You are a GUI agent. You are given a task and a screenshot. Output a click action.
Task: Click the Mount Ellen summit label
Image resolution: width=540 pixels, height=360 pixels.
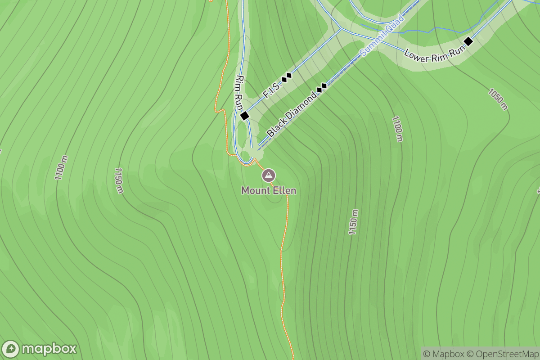[x=269, y=190]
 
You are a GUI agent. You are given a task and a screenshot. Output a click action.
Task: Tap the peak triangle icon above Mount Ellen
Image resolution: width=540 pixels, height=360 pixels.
[x=269, y=175]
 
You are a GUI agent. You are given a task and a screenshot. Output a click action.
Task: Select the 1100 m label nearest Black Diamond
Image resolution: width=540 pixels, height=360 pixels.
[x=396, y=129]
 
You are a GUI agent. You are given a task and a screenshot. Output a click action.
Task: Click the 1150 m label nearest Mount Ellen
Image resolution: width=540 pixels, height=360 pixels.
[x=353, y=222]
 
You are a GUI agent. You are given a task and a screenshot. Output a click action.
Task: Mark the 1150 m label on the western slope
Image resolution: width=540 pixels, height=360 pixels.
[x=118, y=181]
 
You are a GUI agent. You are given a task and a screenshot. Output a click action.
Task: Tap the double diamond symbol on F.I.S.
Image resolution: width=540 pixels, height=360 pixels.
[x=287, y=77]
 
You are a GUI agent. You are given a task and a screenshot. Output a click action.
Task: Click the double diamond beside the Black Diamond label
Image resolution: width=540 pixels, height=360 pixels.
[x=322, y=87]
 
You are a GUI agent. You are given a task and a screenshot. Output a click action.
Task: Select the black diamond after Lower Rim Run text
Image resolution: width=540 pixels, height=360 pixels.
[x=468, y=41]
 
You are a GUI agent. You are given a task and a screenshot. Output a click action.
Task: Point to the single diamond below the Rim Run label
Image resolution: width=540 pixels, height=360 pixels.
[x=245, y=116]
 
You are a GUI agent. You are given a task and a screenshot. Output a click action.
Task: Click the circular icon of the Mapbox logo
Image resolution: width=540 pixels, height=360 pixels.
[x=11, y=349]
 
